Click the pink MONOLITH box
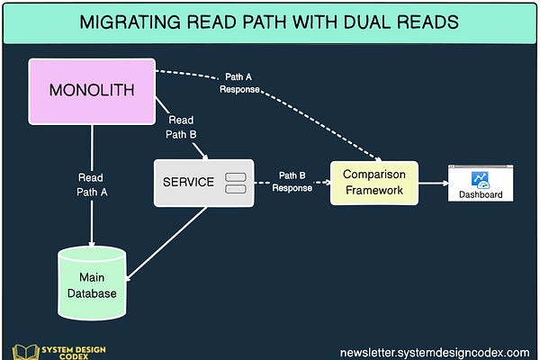click(x=92, y=92)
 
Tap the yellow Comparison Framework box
click(x=373, y=183)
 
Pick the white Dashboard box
click(x=480, y=183)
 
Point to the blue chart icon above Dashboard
click(x=481, y=178)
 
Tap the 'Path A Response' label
click(x=238, y=84)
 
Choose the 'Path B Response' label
click(x=292, y=182)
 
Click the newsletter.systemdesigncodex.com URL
click(x=434, y=351)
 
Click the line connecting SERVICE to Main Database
click(x=166, y=238)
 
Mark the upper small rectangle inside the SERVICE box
click(x=235, y=175)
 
